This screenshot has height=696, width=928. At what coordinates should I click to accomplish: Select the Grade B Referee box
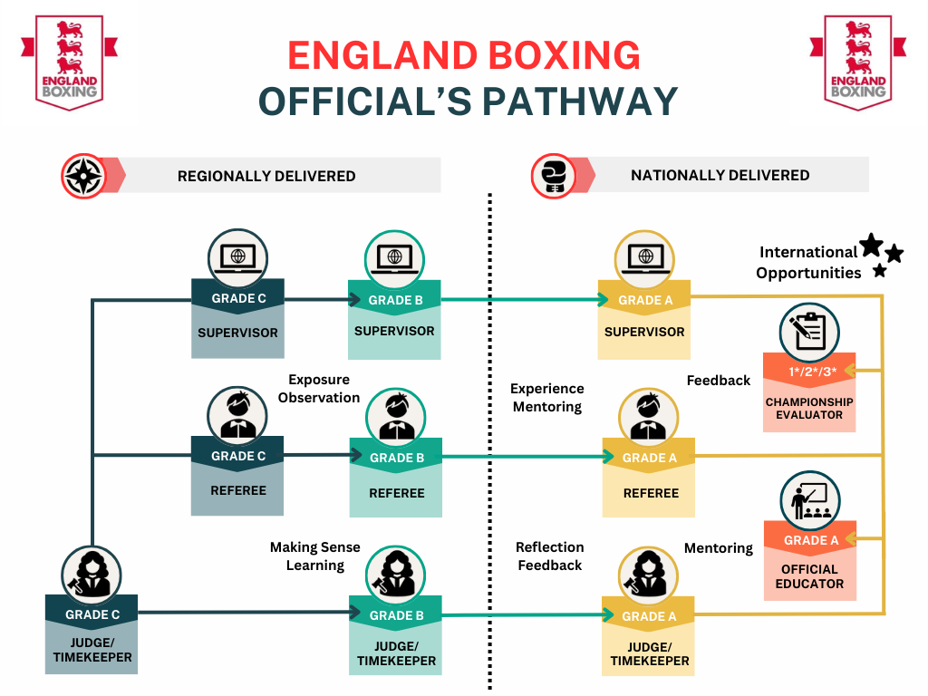pyautogui.click(x=396, y=477)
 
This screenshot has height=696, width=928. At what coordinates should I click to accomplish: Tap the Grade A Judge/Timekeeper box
pyautogui.click(x=649, y=637)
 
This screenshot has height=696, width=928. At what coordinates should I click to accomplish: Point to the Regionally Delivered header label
pyautogui.click(x=266, y=176)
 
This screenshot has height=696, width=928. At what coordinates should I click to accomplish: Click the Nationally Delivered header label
pyautogui.click(x=720, y=175)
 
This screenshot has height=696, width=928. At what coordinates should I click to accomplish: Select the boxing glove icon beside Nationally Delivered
pyautogui.click(x=551, y=176)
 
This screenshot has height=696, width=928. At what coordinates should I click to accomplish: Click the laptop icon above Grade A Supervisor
pyautogui.click(x=644, y=257)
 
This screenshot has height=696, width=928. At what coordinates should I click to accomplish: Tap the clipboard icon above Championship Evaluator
pyautogui.click(x=808, y=329)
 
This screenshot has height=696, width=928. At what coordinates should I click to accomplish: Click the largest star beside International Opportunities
pyautogui.click(x=871, y=245)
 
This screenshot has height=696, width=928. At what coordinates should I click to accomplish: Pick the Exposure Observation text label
pyautogui.click(x=319, y=388)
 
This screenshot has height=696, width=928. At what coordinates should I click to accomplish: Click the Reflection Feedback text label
pyautogui.click(x=549, y=556)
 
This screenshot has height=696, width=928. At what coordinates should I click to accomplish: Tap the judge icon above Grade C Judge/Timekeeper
pyautogui.click(x=92, y=573)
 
